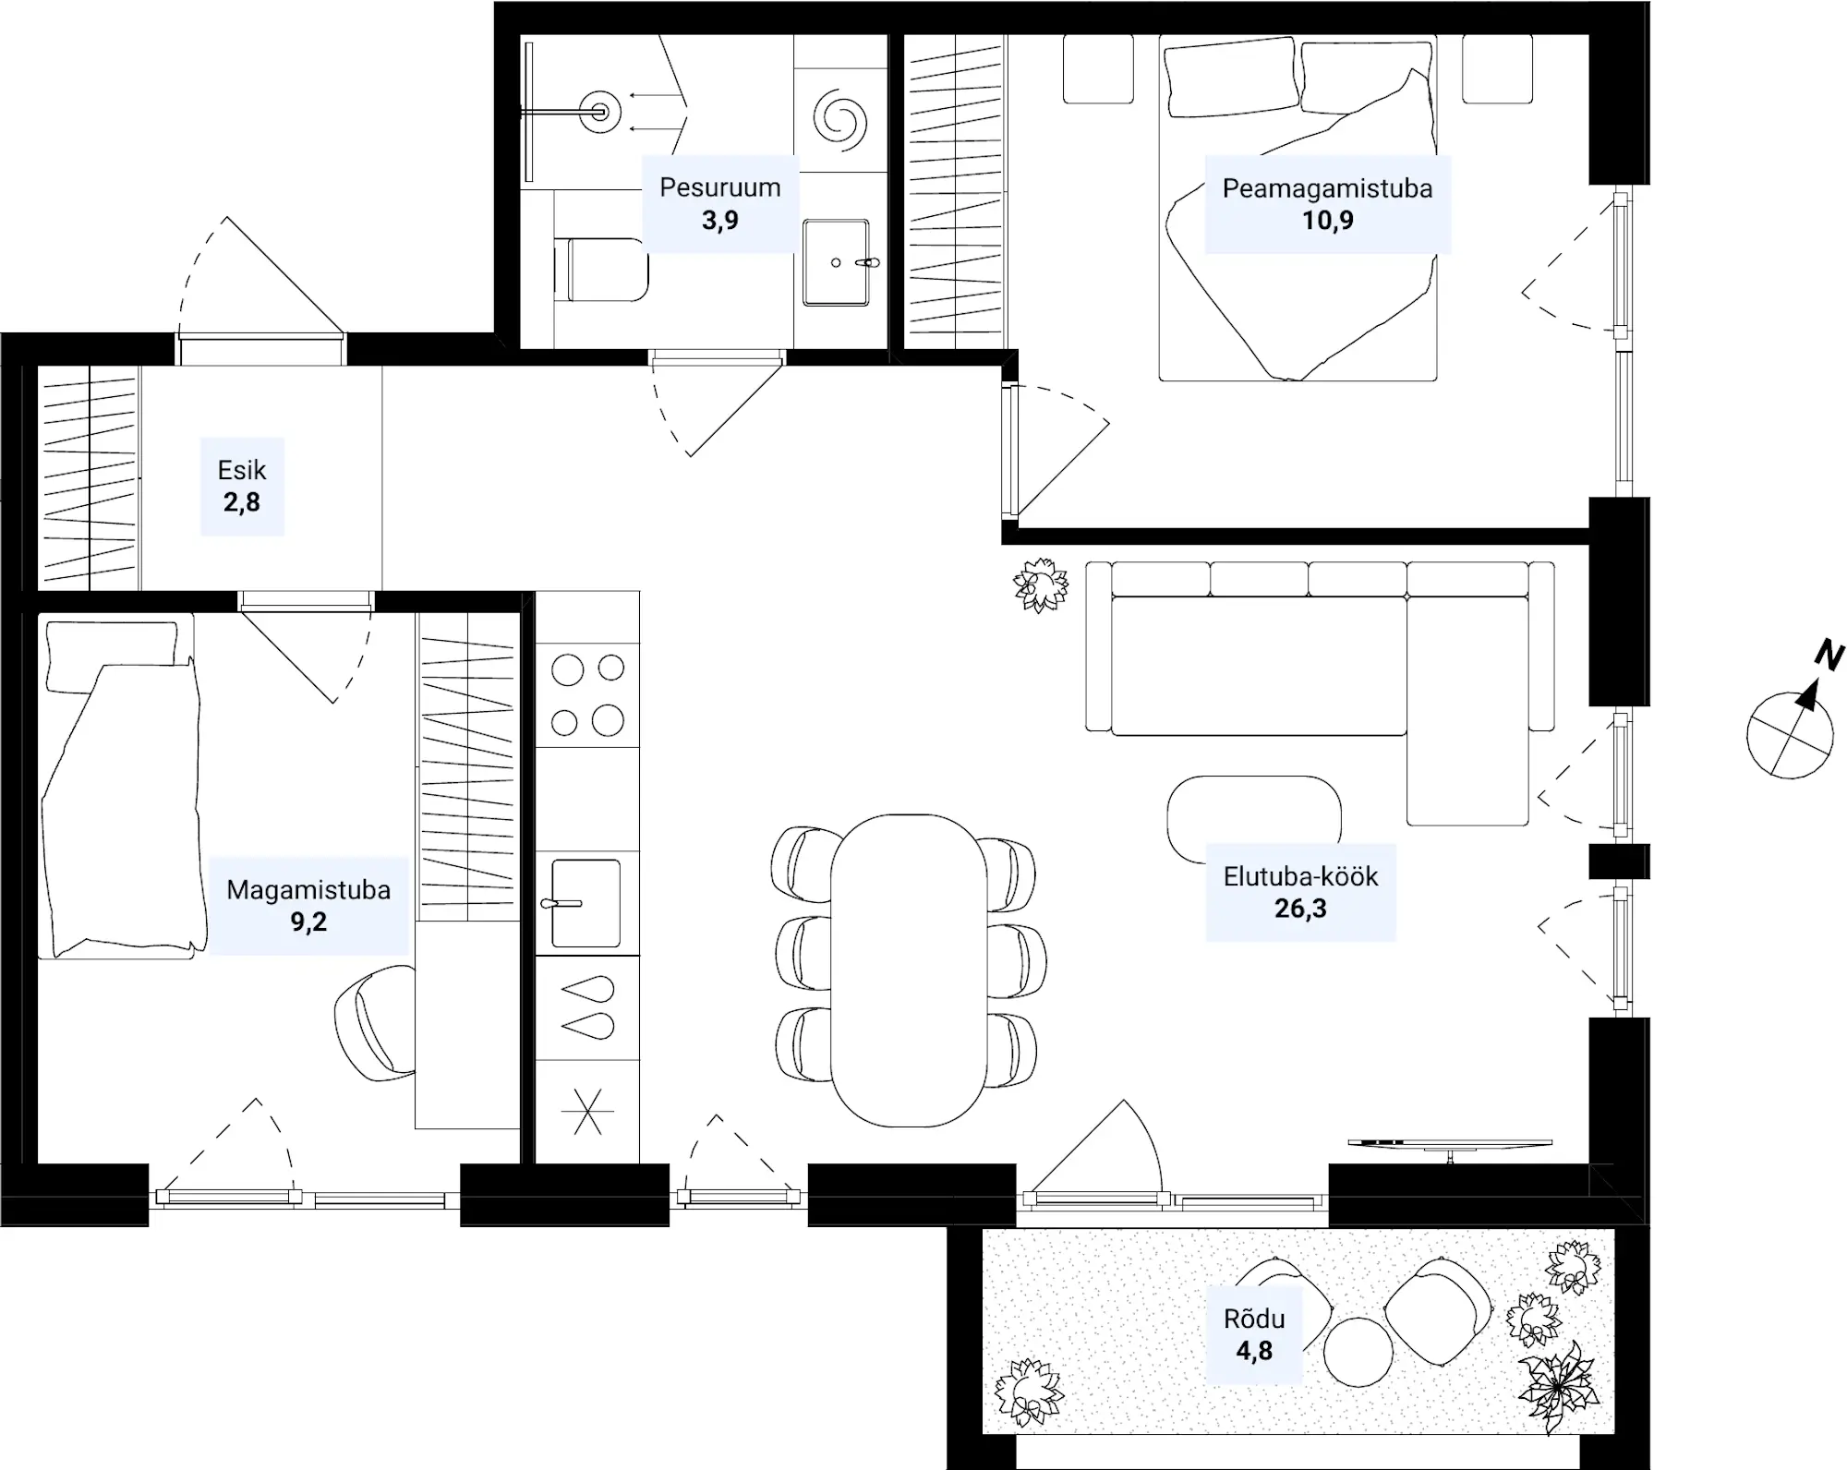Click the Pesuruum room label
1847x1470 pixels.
point(719,187)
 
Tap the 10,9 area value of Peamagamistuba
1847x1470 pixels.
point(1327,220)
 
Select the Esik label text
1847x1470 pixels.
point(242,470)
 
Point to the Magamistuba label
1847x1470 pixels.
point(308,889)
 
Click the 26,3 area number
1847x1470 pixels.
point(1300,909)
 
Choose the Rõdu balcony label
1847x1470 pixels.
point(1254,1318)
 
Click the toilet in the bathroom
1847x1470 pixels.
point(601,270)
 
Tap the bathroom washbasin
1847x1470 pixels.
point(837,262)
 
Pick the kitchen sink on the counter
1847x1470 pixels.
point(585,903)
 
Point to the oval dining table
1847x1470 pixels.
point(909,970)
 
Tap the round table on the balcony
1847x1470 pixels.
point(1358,1352)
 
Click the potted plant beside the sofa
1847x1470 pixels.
point(1041,584)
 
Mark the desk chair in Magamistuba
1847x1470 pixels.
point(375,1023)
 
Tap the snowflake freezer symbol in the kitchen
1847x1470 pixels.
point(588,1112)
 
